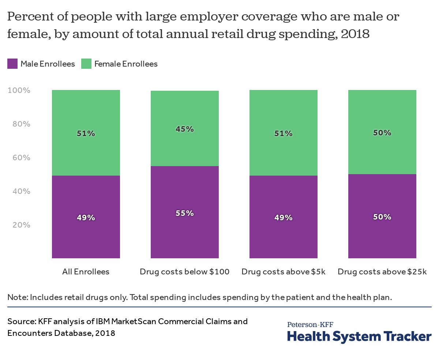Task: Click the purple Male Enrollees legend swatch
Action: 12,64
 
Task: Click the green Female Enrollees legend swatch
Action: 86,64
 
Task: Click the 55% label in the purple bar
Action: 185,213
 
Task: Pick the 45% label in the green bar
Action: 185,129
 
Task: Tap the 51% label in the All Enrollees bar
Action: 86,134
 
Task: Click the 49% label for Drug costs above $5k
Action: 284,218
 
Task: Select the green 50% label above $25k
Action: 382,133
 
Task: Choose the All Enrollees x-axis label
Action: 86,272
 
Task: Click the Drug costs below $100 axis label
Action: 185,272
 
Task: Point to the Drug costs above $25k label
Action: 382,272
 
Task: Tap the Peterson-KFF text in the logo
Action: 310,325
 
